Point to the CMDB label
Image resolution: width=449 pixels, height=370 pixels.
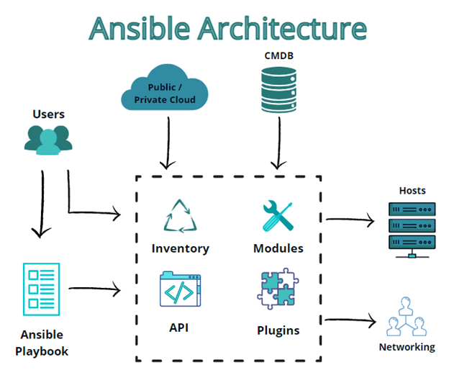coord(279,55)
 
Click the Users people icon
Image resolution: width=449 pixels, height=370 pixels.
coord(48,140)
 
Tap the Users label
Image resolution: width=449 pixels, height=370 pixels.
coord(48,114)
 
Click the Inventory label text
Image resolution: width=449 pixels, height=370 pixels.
coord(180,248)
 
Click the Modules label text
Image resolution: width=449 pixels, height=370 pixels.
coord(278,248)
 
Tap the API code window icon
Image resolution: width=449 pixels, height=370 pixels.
coord(180,289)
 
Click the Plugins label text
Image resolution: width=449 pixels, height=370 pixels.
coord(278,330)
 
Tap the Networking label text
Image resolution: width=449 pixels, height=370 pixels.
coord(407,347)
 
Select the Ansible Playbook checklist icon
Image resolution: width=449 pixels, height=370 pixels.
coord(42,289)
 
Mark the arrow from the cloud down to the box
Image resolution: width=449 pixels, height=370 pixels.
coord(167,140)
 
